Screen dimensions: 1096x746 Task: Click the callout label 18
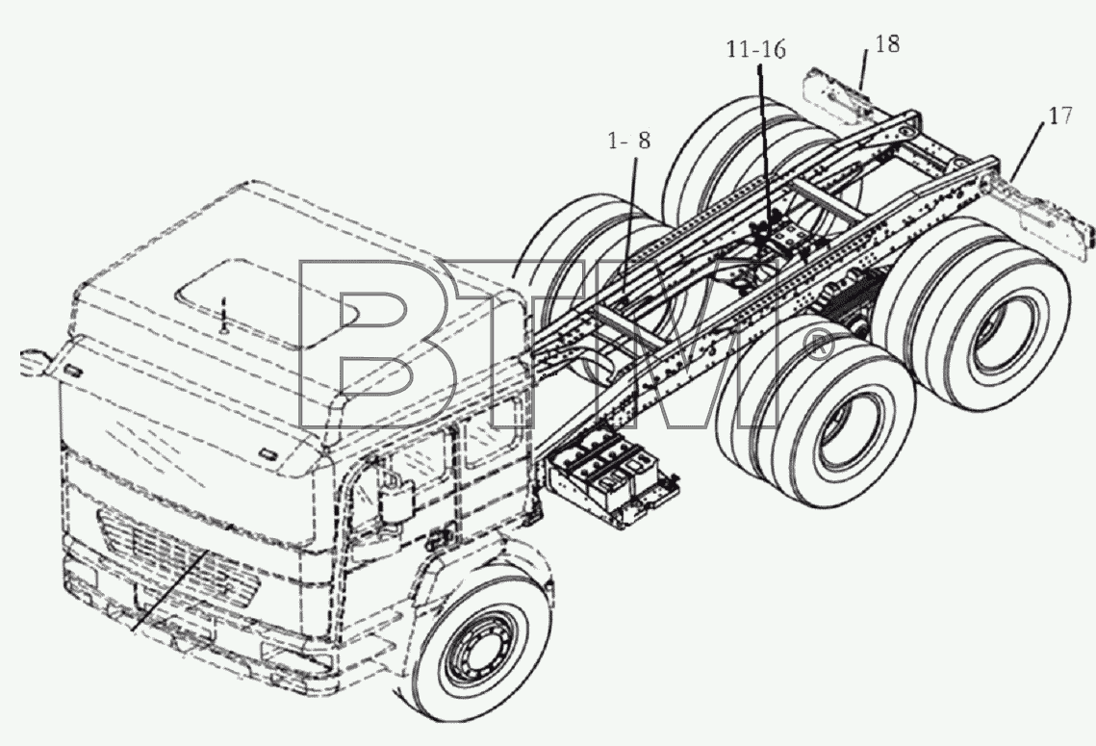tap(886, 44)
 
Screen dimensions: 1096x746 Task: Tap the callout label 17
tap(1060, 116)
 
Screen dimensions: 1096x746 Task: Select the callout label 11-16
tap(755, 50)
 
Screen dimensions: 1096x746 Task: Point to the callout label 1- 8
tap(629, 141)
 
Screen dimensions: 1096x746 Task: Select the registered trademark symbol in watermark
tap(818, 346)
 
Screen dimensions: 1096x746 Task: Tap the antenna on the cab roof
tap(223, 316)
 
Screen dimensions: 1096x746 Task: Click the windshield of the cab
tap(189, 426)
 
